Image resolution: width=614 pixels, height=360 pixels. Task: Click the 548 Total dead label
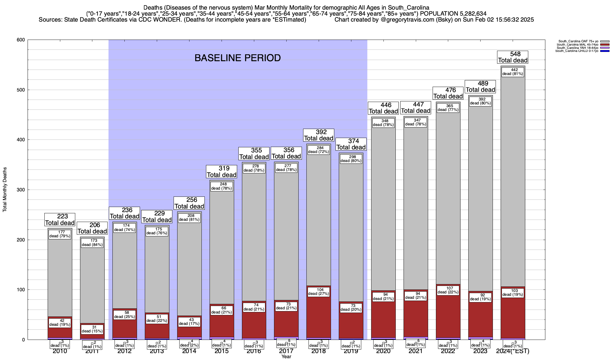(513, 57)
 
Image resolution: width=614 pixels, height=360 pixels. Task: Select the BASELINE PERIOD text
(237, 58)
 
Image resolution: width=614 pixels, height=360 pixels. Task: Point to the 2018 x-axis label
(319, 351)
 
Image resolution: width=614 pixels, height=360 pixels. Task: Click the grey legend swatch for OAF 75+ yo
(605, 41)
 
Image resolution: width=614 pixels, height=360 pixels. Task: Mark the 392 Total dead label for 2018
(319, 135)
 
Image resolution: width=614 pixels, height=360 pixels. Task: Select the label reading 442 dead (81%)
(513, 72)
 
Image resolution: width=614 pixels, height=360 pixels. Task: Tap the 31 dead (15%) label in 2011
(92, 329)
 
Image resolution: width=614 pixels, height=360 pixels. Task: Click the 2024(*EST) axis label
(513, 351)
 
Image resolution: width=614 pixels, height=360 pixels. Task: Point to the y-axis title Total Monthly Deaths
(5, 190)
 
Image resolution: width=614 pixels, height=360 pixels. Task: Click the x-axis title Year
(286, 357)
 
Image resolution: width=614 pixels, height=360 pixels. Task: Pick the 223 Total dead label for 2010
(60, 220)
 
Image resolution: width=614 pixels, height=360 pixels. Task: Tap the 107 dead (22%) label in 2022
(448, 290)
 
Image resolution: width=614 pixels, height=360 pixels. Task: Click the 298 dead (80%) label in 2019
(351, 159)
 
